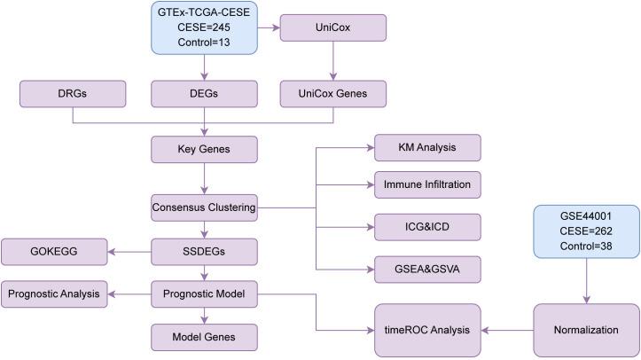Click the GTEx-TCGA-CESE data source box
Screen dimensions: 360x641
point(205,29)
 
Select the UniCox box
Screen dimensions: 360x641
point(332,27)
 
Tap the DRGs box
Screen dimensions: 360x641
point(72,92)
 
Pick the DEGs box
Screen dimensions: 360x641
point(205,92)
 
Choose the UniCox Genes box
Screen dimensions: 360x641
point(332,92)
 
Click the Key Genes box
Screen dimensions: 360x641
point(205,150)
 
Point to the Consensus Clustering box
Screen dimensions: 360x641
point(205,208)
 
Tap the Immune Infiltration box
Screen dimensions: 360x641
point(427,185)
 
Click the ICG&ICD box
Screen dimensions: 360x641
point(427,227)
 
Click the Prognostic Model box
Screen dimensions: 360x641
point(205,291)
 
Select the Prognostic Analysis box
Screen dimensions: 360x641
point(55,291)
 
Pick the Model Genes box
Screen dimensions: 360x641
point(205,336)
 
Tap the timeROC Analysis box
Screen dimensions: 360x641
point(427,329)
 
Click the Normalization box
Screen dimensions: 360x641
point(587,329)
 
